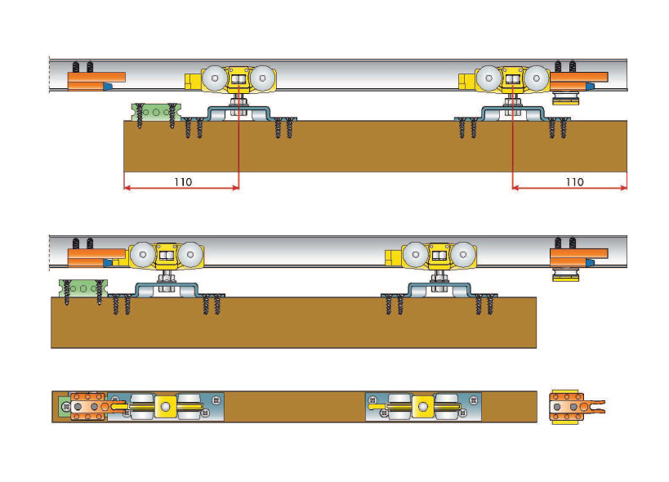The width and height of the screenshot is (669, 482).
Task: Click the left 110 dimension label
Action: (183, 181)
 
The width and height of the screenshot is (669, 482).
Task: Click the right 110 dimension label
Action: (574, 181)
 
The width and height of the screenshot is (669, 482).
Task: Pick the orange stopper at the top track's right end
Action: (578, 80)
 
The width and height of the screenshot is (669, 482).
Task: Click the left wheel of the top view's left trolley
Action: (215, 79)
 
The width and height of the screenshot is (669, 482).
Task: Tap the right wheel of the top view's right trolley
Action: (536, 79)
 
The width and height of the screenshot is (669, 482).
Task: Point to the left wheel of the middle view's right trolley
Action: (416, 255)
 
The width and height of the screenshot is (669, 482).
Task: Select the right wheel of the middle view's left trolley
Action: (190, 255)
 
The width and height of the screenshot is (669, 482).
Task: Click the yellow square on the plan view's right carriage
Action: (422, 406)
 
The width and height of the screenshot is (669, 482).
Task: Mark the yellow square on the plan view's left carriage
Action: (166, 406)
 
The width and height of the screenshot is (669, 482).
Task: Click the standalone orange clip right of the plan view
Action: (569, 406)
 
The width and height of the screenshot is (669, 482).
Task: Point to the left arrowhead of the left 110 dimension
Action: (127, 188)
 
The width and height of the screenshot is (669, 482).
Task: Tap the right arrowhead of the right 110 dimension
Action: (625, 188)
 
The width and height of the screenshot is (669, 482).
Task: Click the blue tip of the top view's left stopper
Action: (108, 85)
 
